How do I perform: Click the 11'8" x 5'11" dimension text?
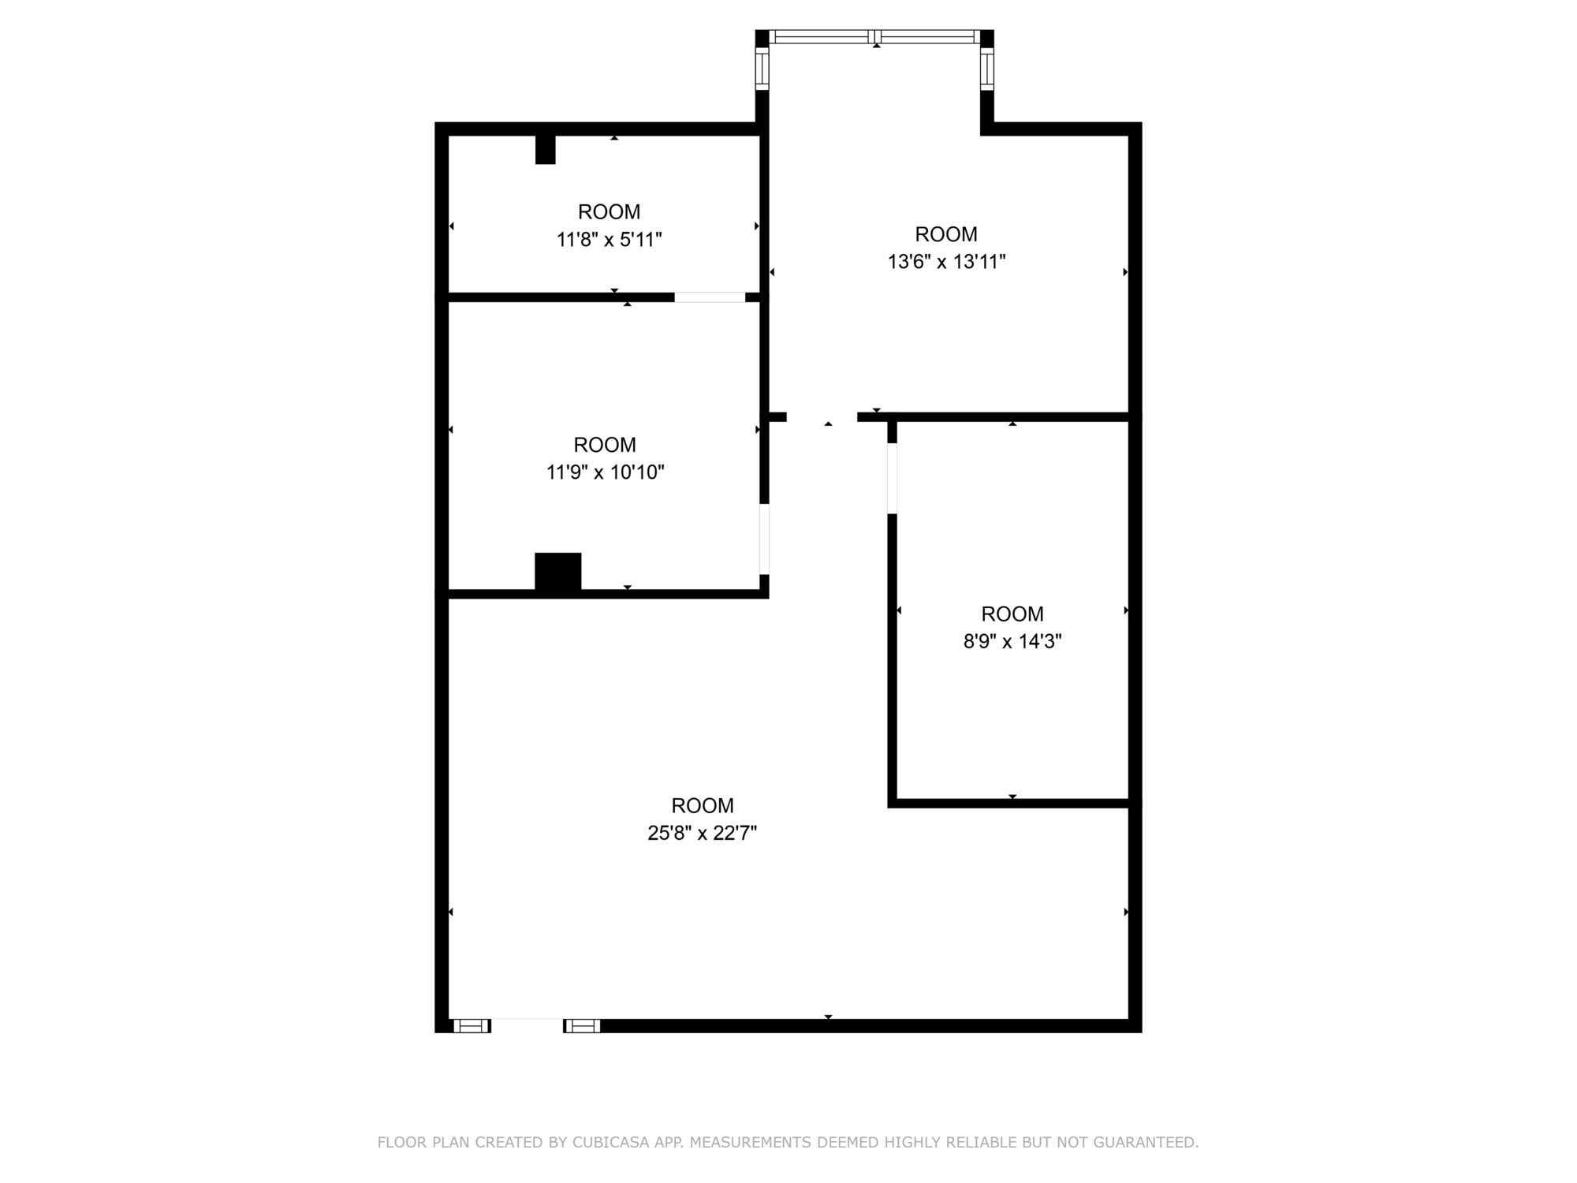(x=609, y=239)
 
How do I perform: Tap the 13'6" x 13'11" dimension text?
(x=946, y=262)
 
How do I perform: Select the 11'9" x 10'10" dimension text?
(x=606, y=472)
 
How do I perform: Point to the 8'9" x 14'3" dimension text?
(x=1012, y=641)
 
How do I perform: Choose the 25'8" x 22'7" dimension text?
(x=703, y=833)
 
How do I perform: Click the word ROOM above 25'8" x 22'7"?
(x=703, y=805)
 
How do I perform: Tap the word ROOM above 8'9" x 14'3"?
(x=1012, y=614)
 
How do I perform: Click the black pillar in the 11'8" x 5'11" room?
(x=545, y=149)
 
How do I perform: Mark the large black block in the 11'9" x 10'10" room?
(x=558, y=572)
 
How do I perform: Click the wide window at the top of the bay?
(x=874, y=36)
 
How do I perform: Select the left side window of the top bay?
(x=762, y=68)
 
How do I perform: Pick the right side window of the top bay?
(x=987, y=68)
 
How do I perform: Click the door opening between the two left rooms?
(x=710, y=297)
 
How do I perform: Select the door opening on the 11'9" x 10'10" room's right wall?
(x=764, y=539)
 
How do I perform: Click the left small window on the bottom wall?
(x=471, y=1025)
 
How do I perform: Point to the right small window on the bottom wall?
(x=582, y=1025)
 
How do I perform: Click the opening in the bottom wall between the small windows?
(x=527, y=1025)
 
